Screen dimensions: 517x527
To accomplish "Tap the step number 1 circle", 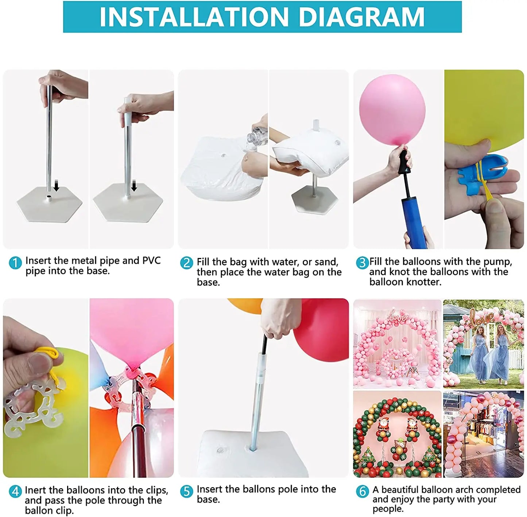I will point(15,263).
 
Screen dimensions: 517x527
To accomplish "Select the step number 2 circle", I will point(187,263).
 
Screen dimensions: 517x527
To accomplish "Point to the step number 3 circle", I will point(362,263).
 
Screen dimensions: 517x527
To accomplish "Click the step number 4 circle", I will point(15,491).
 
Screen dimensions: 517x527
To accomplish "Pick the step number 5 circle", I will point(186,491).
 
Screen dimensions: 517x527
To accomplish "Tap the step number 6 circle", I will point(362,491).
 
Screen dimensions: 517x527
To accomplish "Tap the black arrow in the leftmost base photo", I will point(56,187).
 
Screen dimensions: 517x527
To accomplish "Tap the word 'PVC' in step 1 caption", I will point(151,261).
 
